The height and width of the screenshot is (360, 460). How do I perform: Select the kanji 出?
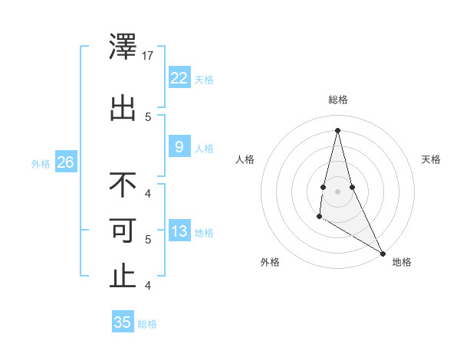pos(123,108)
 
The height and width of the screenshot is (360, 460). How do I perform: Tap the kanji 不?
pos(123,185)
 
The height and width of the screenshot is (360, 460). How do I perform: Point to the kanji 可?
pos(123,231)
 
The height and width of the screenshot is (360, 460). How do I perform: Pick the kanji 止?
pos(123,277)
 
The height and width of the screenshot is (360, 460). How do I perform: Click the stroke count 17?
pos(148,56)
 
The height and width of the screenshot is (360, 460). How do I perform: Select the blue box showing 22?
pos(179,77)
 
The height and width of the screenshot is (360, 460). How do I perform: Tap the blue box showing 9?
pos(179,147)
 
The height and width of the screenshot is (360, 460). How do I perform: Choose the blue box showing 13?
pos(179,231)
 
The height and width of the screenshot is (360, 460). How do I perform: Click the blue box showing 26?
pos(65,162)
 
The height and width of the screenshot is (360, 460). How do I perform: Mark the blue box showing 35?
pos(123,322)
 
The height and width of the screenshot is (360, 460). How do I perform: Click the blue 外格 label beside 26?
pos(41,163)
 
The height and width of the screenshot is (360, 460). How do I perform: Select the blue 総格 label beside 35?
pos(147,324)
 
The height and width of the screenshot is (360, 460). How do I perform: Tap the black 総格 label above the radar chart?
pos(337,100)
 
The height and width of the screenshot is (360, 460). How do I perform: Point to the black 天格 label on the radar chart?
pos(432,159)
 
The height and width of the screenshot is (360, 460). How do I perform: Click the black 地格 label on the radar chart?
pos(402,262)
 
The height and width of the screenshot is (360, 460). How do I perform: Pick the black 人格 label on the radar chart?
pos(245,159)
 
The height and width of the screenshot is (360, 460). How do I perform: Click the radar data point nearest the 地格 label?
pos(383,254)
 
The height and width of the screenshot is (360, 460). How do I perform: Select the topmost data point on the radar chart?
pos(337,129)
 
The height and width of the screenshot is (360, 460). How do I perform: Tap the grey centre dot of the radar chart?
pos(337,191)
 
